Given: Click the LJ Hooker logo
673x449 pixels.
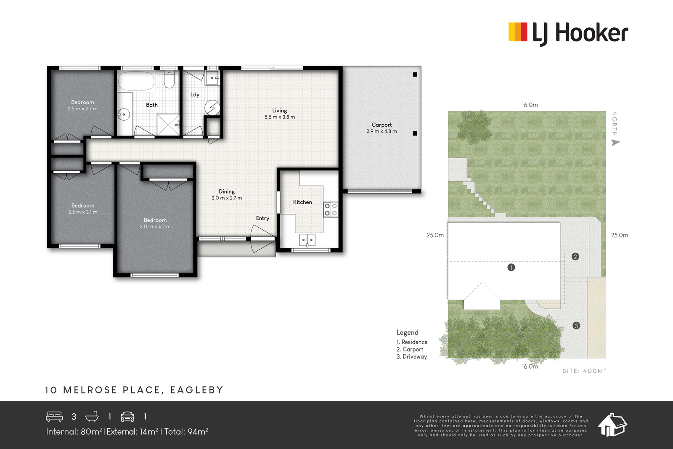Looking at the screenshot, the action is point(568,33).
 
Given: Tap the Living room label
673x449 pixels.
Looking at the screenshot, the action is point(279,111).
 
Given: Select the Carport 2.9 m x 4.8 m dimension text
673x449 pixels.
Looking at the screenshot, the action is point(382,131).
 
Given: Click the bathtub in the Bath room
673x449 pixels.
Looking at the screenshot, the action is point(136,81).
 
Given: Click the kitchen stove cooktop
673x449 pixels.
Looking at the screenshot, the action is point(331,210).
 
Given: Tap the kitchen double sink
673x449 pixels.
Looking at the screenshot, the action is point(307,240).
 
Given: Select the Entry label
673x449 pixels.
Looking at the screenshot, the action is point(262,218).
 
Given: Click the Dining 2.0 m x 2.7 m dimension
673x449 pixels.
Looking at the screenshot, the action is point(227,198).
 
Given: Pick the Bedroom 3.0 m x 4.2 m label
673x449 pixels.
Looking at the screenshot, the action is point(155,223).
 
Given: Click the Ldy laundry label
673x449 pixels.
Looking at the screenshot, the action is point(195,95).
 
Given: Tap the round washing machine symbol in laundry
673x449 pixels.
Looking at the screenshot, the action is point(212,107).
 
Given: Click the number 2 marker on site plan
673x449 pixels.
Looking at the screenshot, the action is point(575,257).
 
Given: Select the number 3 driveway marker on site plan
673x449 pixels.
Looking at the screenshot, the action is point(576,325).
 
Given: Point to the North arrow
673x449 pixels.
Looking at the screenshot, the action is point(615,143).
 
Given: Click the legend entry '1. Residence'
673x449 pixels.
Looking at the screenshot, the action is point(412,342).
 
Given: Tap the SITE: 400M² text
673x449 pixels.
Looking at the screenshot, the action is point(584,371).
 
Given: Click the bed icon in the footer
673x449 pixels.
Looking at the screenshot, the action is point(54,417).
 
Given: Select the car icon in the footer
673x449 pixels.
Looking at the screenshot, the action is point(127,417).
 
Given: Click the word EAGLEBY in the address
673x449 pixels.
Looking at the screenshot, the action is point(197,390).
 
